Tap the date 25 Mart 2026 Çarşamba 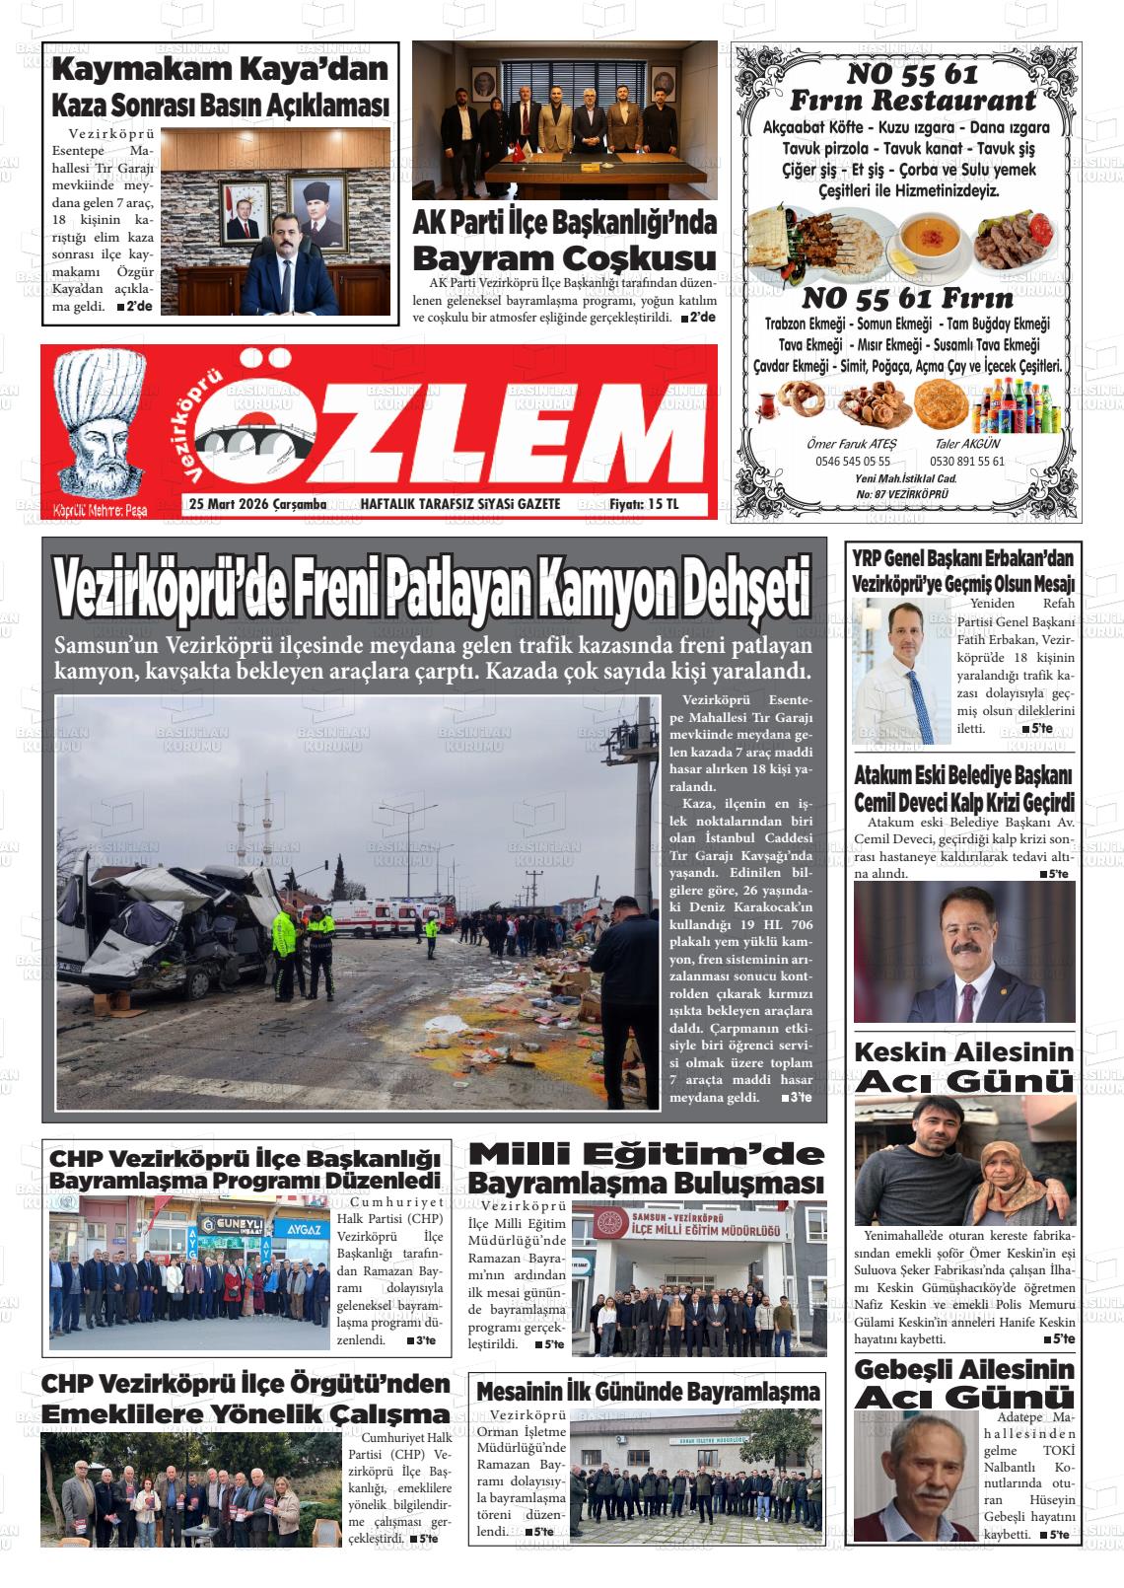click(x=257, y=504)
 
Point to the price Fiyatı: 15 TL click(x=644, y=504)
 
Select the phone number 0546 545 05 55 click(x=852, y=461)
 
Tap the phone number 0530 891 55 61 click(x=967, y=461)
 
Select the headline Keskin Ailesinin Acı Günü click(x=963, y=1066)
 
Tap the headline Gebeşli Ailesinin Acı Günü click(x=963, y=1383)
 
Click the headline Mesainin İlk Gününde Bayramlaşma click(x=647, y=1391)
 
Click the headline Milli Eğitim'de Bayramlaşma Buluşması click(x=646, y=1167)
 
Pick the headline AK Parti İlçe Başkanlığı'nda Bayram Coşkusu click(x=564, y=241)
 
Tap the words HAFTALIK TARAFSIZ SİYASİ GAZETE click(x=459, y=504)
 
